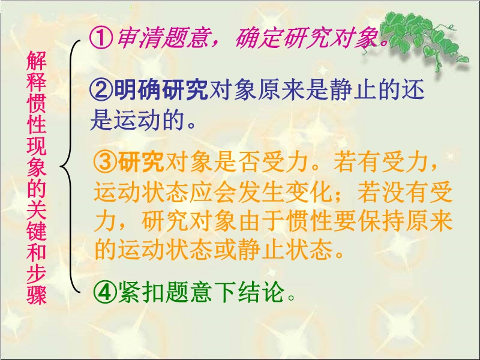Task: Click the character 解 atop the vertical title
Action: [x=37, y=61]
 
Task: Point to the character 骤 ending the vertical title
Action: [x=37, y=295]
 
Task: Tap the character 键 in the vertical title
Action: [x=37, y=230]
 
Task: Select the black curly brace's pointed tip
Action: [x=60, y=166]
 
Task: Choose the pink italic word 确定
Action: [x=259, y=39]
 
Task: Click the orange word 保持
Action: [x=382, y=221]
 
